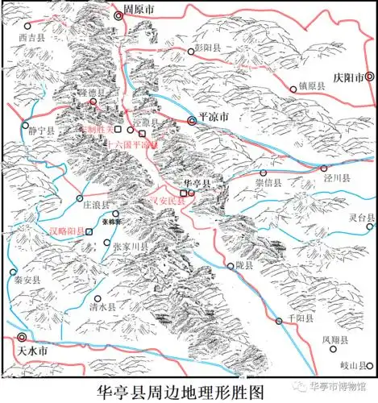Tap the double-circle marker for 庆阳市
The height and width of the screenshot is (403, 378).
369,77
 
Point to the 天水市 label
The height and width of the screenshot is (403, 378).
32,352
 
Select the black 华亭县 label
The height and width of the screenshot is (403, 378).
197,184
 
